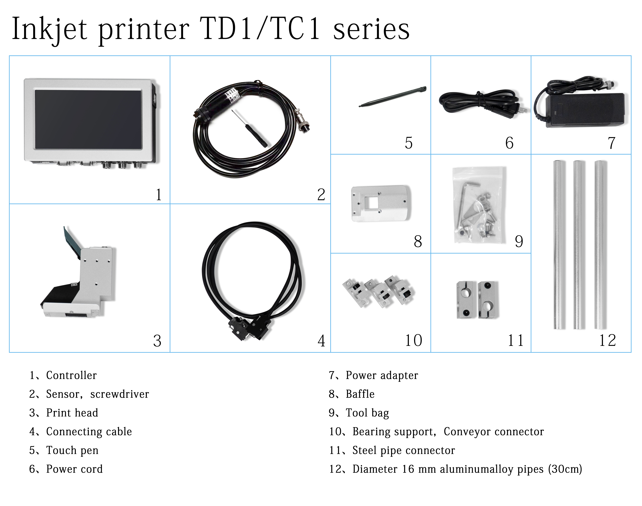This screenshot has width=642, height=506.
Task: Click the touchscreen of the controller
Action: click(x=88, y=119)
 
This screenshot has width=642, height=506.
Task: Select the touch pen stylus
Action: click(x=392, y=97)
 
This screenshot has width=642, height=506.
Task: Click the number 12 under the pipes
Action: click(x=607, y=340)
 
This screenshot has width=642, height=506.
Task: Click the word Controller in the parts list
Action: click(x=71, y=375)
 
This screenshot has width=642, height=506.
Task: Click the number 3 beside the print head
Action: click(x=157, y=341)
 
